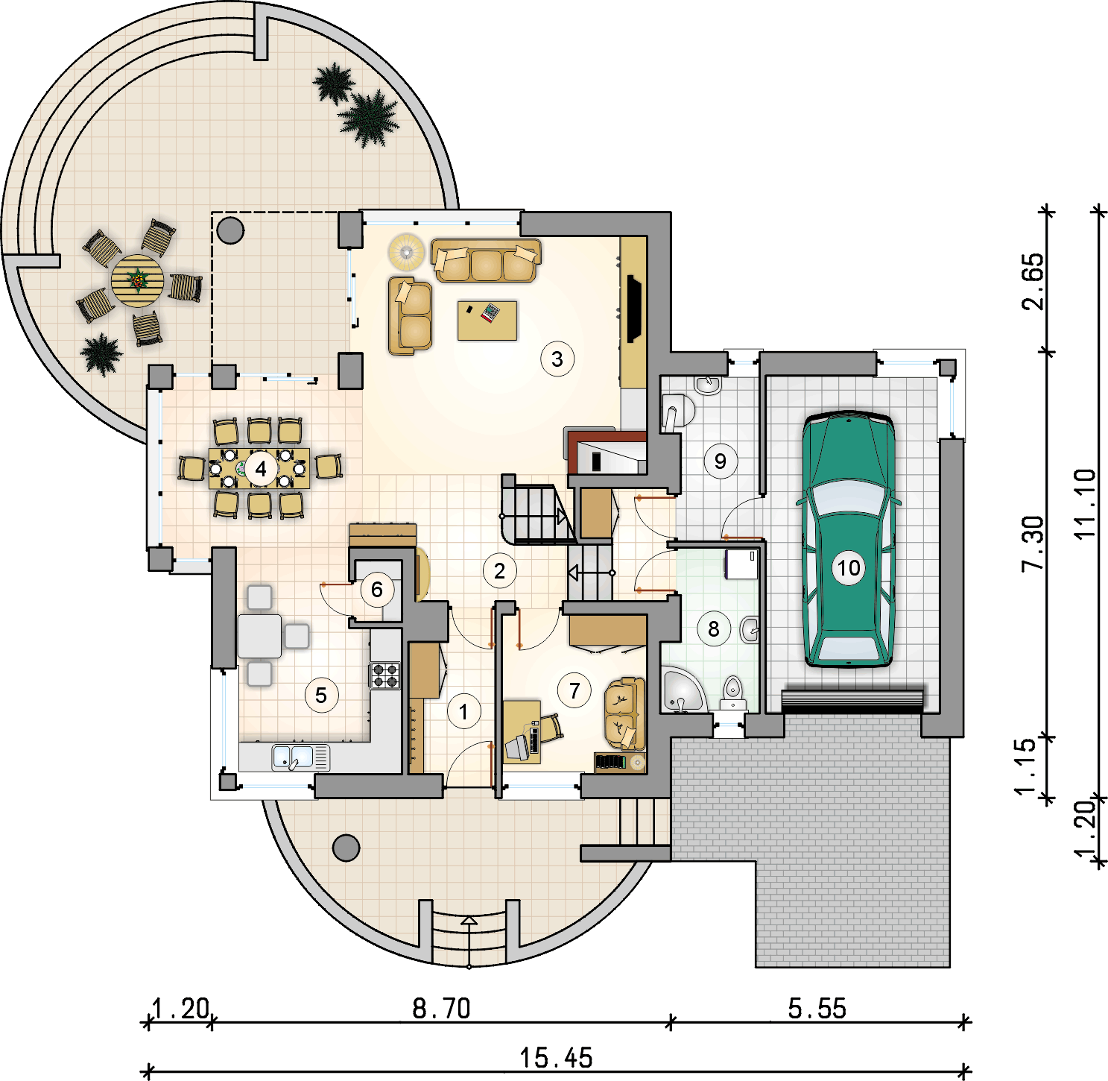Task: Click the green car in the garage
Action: [848, 539]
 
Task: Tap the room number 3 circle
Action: [557, 359]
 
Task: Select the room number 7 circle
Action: [574, 690]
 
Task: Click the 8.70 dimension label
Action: [441, 1009]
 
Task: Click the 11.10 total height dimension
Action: [1084, 503]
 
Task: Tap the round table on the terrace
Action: [137, 281]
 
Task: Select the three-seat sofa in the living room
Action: [486, 259]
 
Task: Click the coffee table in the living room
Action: [487, 321]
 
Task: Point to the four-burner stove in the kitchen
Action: [385, 675]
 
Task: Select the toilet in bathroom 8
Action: [732, 693]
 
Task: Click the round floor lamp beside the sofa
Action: [407, 251]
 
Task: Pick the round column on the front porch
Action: [346, 848]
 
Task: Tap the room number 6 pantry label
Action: [376, 590]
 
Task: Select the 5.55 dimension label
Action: [817, 1009]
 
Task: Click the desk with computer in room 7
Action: [522, 732]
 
